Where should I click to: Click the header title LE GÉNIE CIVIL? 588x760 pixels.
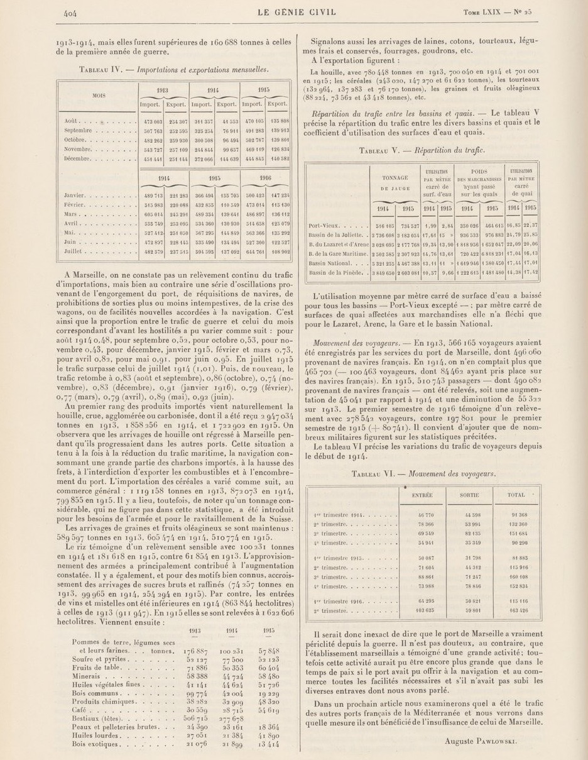coord(293,11)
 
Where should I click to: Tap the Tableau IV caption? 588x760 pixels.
coord(174,69)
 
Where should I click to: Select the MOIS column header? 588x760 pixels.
coord(99,96)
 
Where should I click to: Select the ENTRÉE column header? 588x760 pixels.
coord(422,495)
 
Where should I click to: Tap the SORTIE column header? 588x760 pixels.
coord(469,495)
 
